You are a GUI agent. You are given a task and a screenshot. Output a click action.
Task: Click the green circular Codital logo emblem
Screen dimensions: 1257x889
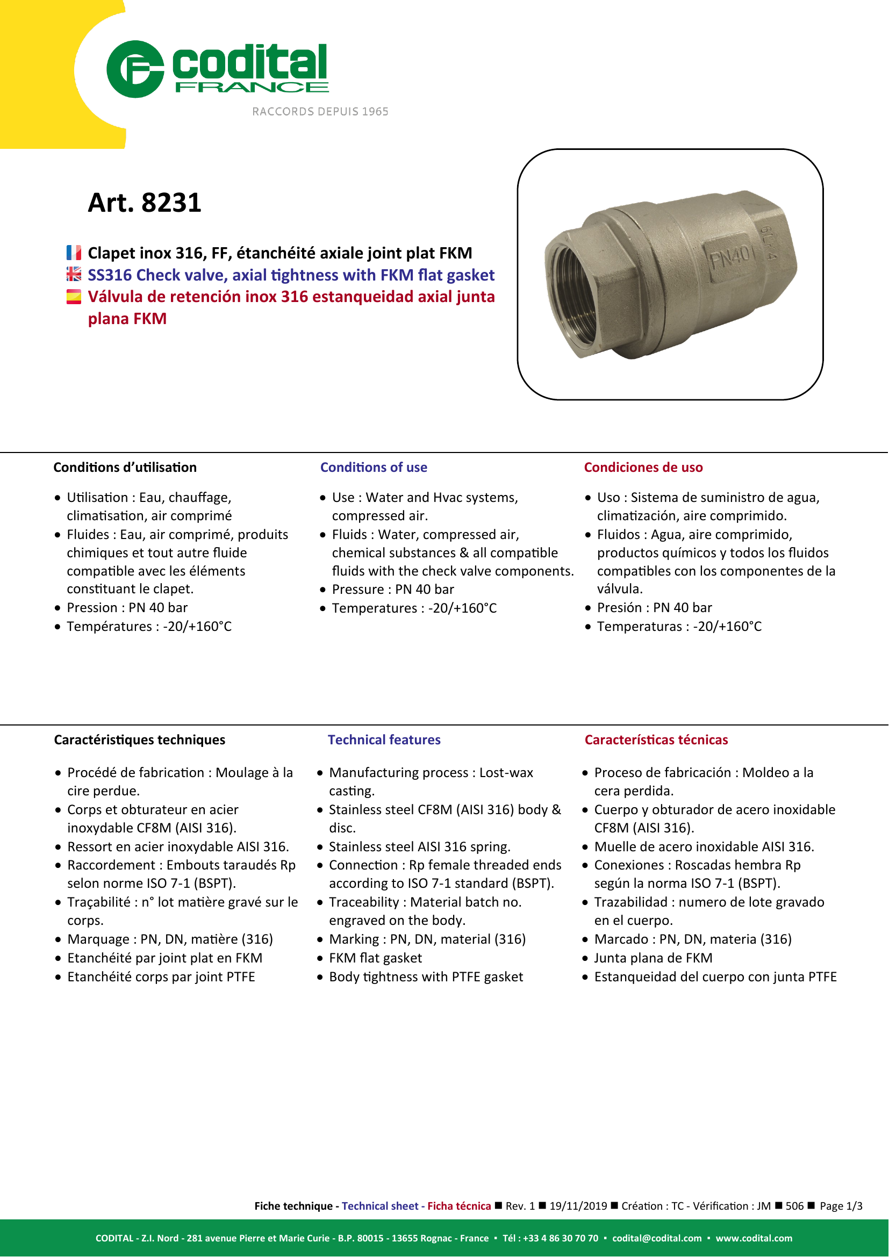coord(135,69)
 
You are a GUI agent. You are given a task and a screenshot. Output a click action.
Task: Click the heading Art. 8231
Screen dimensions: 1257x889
coord(145,203)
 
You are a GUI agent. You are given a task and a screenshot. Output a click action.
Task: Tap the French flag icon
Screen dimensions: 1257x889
coord(74,253)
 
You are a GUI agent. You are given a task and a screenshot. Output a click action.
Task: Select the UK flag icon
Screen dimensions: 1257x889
coord(74,274)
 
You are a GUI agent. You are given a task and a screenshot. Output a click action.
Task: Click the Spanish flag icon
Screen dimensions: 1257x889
coord(74,297)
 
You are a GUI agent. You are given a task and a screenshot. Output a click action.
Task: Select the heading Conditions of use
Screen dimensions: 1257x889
coord(374,468)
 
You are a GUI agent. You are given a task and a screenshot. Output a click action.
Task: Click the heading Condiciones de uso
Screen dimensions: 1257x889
coord(643,468)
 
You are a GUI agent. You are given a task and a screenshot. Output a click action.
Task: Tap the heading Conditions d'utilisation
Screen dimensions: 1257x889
coord(125,468)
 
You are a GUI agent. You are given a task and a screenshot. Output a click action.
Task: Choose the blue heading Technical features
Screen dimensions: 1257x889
coord(384,740)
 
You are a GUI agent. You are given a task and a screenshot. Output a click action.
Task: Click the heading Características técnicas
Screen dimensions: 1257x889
coord(656,740)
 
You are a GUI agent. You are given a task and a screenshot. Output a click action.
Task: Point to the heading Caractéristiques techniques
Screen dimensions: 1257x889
coord(139,740)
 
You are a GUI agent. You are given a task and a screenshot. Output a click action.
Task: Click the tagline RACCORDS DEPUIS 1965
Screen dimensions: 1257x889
coord(320,112)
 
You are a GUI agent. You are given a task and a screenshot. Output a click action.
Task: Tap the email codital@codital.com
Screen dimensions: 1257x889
coord(656,1238)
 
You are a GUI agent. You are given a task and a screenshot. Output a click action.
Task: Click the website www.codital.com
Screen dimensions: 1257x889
coord(754,1238)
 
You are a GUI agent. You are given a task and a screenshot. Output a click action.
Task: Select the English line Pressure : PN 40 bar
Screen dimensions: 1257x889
coord(393,590)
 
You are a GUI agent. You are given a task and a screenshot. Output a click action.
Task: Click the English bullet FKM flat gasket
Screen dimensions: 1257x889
coord(376,958)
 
